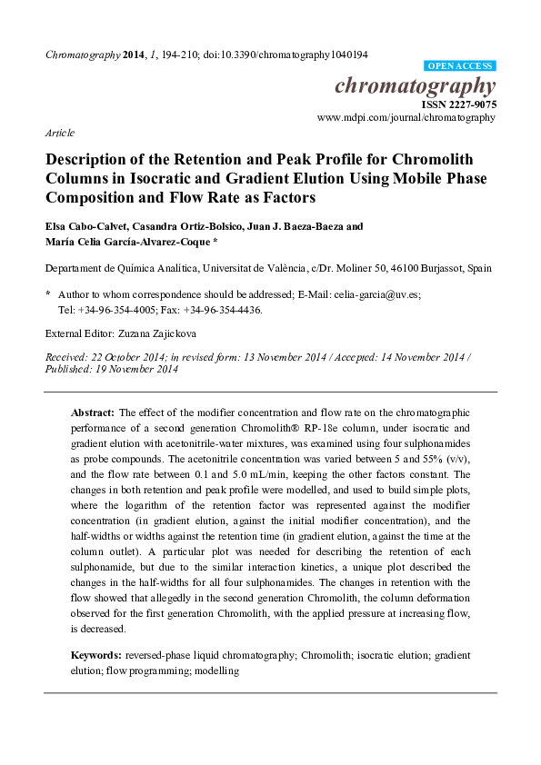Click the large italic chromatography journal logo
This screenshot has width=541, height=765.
pos(416,87)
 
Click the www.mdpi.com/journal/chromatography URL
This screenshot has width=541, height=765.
pos(406,117)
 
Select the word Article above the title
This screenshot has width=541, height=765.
pos(60,133)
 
